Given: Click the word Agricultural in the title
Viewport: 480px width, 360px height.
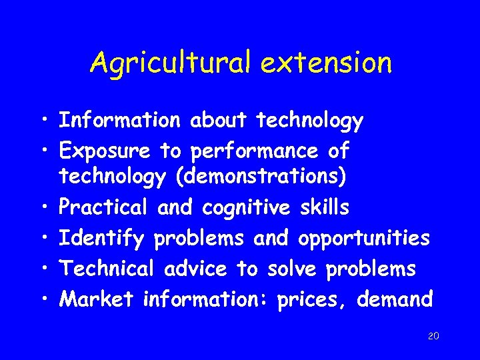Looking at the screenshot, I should tap(170, 63).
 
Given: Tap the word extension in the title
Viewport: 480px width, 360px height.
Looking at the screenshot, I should tap(326, 63).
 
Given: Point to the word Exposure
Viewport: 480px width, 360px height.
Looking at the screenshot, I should tap(104, 152).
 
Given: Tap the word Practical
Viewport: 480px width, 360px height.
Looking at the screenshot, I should tap(103, 208).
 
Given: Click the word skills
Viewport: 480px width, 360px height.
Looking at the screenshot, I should tap(324, 208).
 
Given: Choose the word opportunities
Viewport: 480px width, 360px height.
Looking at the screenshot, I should tap(364, 239).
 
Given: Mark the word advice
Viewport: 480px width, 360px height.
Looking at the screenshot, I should tap(195, 269).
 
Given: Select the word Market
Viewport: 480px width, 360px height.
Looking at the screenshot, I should tap(97, 299).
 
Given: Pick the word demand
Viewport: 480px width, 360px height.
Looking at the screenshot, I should tap(395, 299).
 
